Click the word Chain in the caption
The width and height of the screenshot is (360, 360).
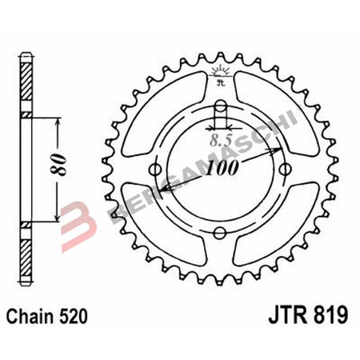pyautogui.click(x=33, y=317)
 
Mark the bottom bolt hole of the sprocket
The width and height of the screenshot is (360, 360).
pyautogui.click(x=220, y=231)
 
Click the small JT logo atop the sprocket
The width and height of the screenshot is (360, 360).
pyautogui.click(x=220, y=77)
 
